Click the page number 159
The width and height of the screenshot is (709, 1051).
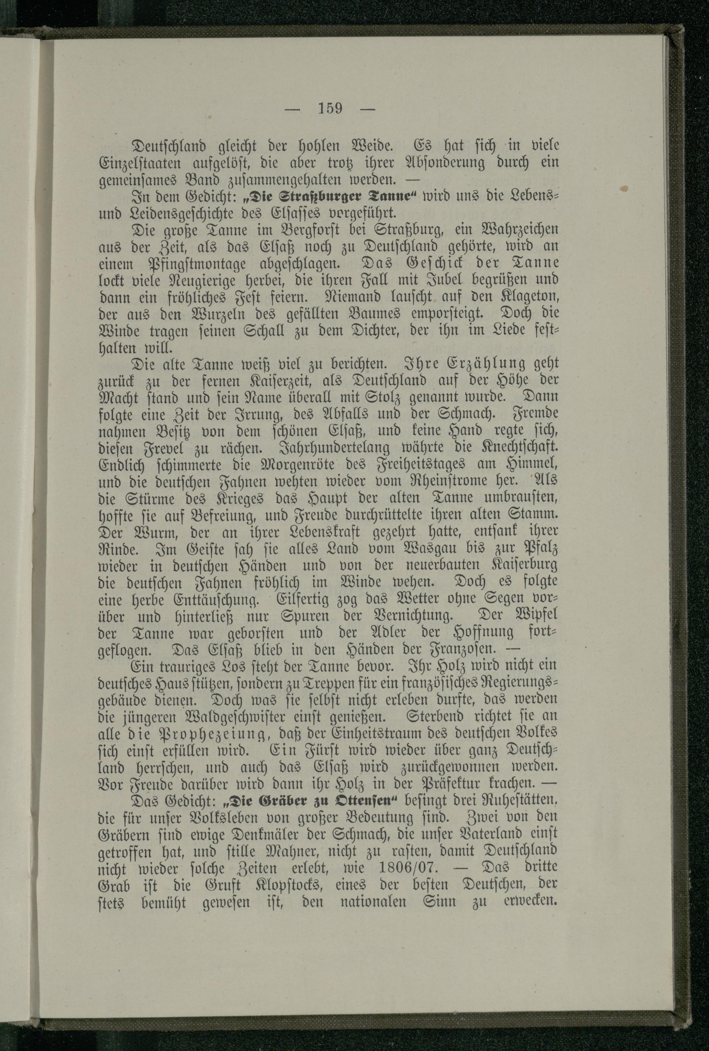pyautogui.click(x=330, y=109)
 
